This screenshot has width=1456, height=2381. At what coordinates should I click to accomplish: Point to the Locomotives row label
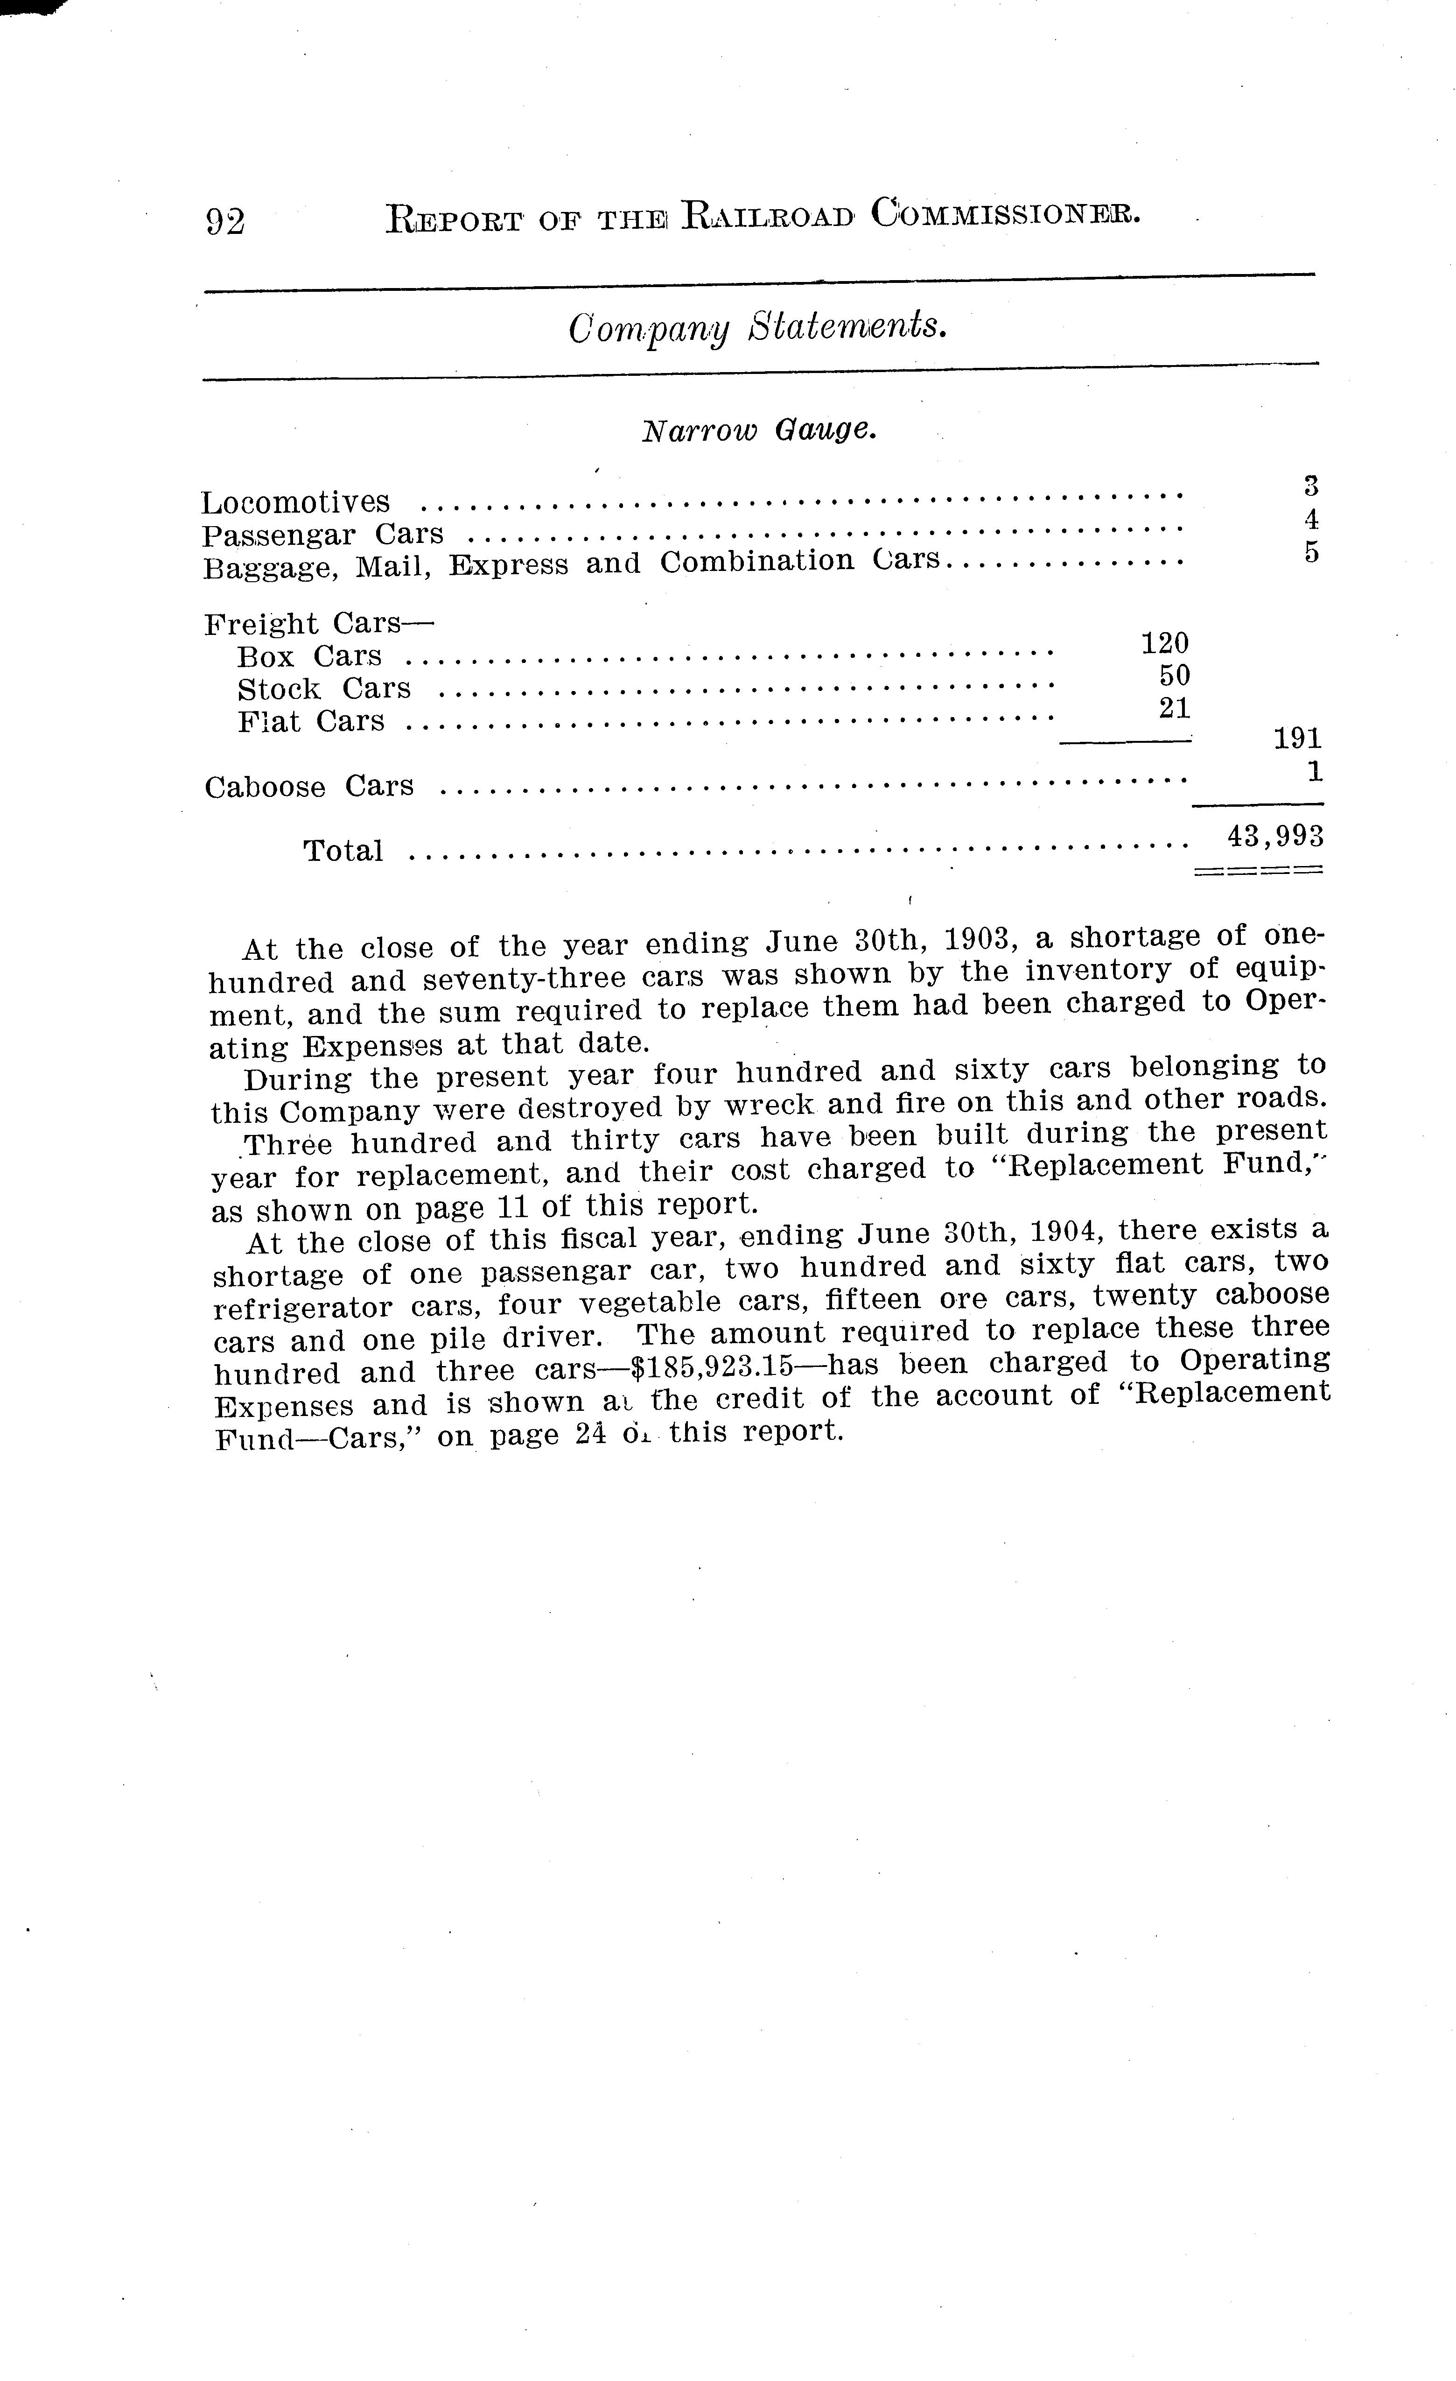(296, 502)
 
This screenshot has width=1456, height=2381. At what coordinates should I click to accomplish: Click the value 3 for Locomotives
(1311, 486)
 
